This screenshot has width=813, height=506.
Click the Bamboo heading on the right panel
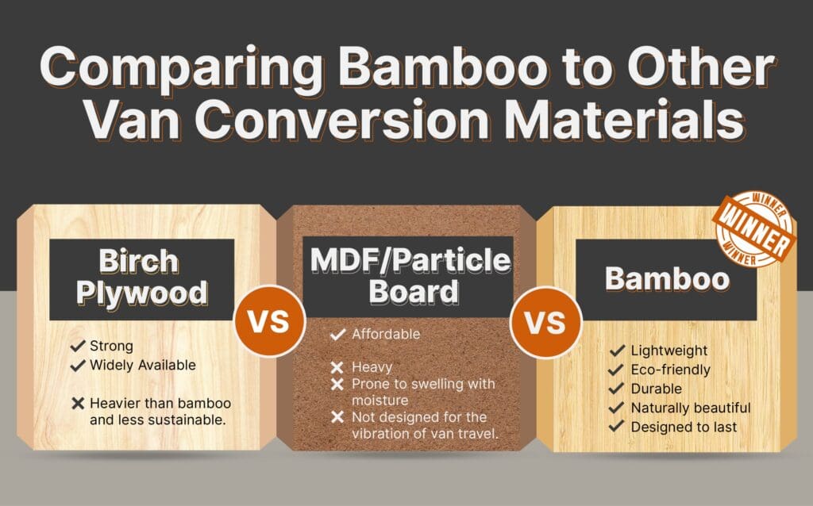pos(667,278)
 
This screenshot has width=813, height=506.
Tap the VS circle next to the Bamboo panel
pos(545,323)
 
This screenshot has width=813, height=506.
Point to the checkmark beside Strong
pos(78,347)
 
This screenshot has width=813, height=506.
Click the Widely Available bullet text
pos(142,365)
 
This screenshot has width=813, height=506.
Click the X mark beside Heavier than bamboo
pos(78,403)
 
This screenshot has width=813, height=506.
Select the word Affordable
pos(386,334)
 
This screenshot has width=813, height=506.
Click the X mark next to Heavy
pos(337,367)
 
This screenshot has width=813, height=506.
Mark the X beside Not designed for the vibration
pos(337,417)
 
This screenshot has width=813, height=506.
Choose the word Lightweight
pos(669,351)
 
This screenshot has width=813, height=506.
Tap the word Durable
pos(657,389)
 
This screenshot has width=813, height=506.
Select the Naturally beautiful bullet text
pos(690,408)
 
